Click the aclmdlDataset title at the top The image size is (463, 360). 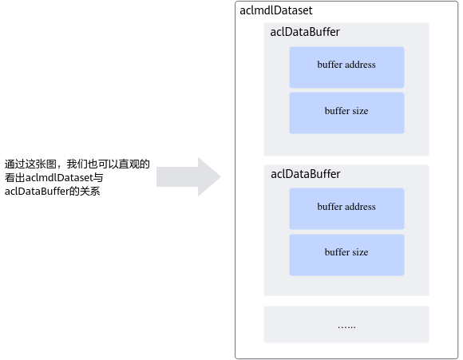(275, 10)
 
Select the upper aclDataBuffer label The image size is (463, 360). (305, 32)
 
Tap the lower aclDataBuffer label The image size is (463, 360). (305, 174)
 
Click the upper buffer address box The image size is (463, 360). (346, 67)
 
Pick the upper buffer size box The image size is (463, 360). (346, 113)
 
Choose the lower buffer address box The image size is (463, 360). (346, 209)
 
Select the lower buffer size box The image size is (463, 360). (346, 255)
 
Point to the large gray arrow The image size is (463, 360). (188, 177)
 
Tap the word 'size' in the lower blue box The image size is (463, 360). (360, 252)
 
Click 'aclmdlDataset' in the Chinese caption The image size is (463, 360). (59, 178)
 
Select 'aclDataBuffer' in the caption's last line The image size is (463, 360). (37, 192)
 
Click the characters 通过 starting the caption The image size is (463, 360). (14, 164)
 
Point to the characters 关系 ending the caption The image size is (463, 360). (89, 192)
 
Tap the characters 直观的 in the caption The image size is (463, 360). (134, 164)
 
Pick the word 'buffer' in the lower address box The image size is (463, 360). (329, 207)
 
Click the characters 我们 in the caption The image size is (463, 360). (77, 164)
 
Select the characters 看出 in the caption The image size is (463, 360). (15, 178)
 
